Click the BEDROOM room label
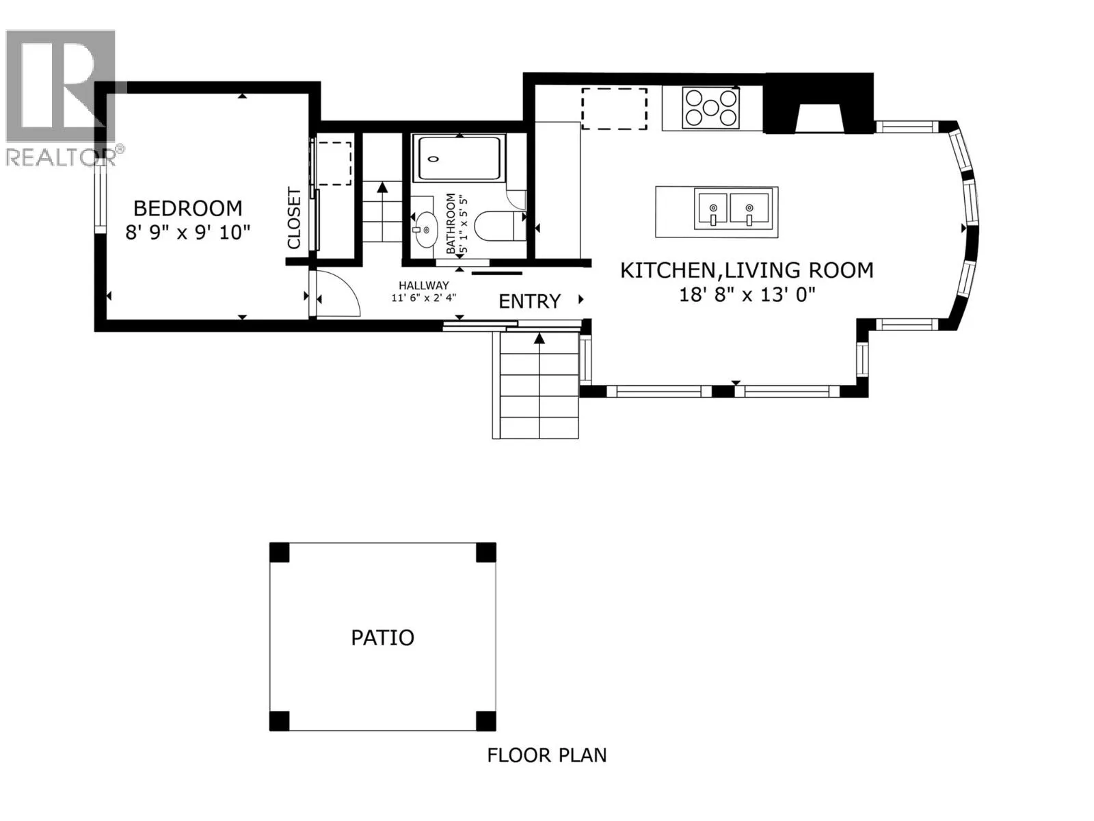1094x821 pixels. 188,209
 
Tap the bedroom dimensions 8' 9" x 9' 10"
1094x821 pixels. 187,233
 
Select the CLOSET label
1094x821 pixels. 295,218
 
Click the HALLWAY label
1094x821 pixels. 424,285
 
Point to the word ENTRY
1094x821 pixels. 530,302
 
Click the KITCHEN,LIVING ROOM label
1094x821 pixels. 747,270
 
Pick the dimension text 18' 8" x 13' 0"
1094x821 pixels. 747,295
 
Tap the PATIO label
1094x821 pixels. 383,638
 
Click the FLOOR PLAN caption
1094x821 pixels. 547,755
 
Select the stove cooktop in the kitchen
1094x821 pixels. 711,107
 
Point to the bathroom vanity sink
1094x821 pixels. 424,230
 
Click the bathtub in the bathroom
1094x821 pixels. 459,159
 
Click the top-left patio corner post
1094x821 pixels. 279,552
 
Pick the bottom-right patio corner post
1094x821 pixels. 486,721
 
